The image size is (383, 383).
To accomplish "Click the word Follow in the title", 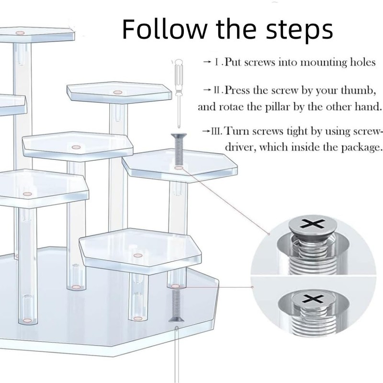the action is click(164, 29).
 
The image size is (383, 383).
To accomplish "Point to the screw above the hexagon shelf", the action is click(179, 148).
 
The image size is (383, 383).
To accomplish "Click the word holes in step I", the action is click(363, 62).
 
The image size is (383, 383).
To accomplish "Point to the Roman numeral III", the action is click(217, 131).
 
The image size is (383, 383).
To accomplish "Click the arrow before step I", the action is click(207, 62).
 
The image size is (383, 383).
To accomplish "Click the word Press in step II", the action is click(237, 90).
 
